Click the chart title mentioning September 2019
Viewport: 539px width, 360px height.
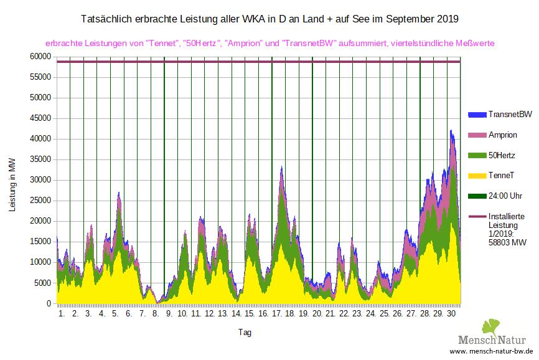tap(269, 19)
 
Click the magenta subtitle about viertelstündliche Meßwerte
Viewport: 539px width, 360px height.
tap(269, 44)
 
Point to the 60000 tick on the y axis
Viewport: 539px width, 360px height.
tap(40, 57)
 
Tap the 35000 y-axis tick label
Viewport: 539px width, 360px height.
tap(40, 159)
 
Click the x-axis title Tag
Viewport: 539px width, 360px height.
tap(245, 333)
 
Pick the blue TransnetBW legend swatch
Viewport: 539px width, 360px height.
tap(476, 115)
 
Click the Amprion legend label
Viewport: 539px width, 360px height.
tap(503, 135)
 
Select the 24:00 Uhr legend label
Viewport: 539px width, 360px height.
tap(505, 196)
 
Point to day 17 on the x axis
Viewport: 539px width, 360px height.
tap(276, 315)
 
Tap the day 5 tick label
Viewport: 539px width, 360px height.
tap(115, 315)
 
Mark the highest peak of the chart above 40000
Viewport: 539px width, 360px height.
tap(451, 131)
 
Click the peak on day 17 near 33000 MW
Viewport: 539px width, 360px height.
tap(282, 168)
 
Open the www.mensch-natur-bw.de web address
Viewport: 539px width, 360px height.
tap(496, 352)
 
